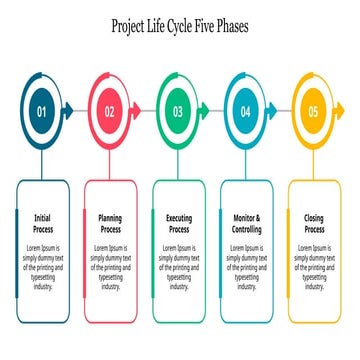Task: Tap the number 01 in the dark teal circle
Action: (42, 112)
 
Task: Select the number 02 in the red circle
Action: (110, 112)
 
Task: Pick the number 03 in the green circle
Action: (178, 112)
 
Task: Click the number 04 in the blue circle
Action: (246, 112)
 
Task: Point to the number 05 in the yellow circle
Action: (313, 112)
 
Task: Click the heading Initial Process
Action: (42, 223)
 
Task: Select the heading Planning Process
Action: (110, 223)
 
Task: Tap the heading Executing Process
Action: (178, 223)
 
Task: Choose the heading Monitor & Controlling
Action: (246, 223)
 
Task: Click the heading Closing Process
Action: (313, 223)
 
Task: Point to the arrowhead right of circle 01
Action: (69, 111)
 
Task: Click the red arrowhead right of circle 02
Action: (137, 111)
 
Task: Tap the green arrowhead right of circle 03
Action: (205, 111)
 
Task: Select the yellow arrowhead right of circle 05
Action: (340, 111)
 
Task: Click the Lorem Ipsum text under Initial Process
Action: (42, 266)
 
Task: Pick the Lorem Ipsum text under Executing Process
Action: (178, 266)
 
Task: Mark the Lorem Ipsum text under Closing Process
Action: (313, 266)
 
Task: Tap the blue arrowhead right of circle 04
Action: (273, 111)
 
